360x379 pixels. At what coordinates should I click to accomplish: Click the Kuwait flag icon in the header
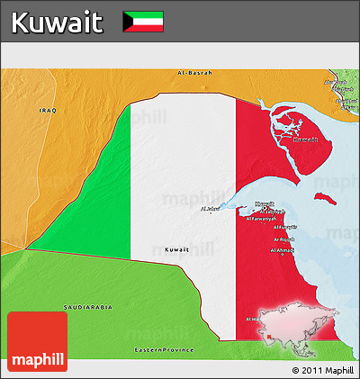(x=142, y=21)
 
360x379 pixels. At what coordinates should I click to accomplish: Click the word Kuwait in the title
(x=58, y=21)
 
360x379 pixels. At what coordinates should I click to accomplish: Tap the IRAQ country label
(x=47, y=110)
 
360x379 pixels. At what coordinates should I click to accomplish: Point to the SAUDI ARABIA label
(x=88, y=307)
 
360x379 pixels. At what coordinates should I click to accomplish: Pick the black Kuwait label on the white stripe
(x=177, y=248)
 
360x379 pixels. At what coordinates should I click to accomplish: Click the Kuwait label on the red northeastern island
(x=307, y=140)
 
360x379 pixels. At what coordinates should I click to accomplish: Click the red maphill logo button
(x=37, y=342)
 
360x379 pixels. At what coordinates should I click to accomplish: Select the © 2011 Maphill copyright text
(x=322, y=370)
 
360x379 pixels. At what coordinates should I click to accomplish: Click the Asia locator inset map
(x=299, y=326)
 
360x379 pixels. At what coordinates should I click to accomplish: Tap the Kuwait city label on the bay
(x=265, y=203)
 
